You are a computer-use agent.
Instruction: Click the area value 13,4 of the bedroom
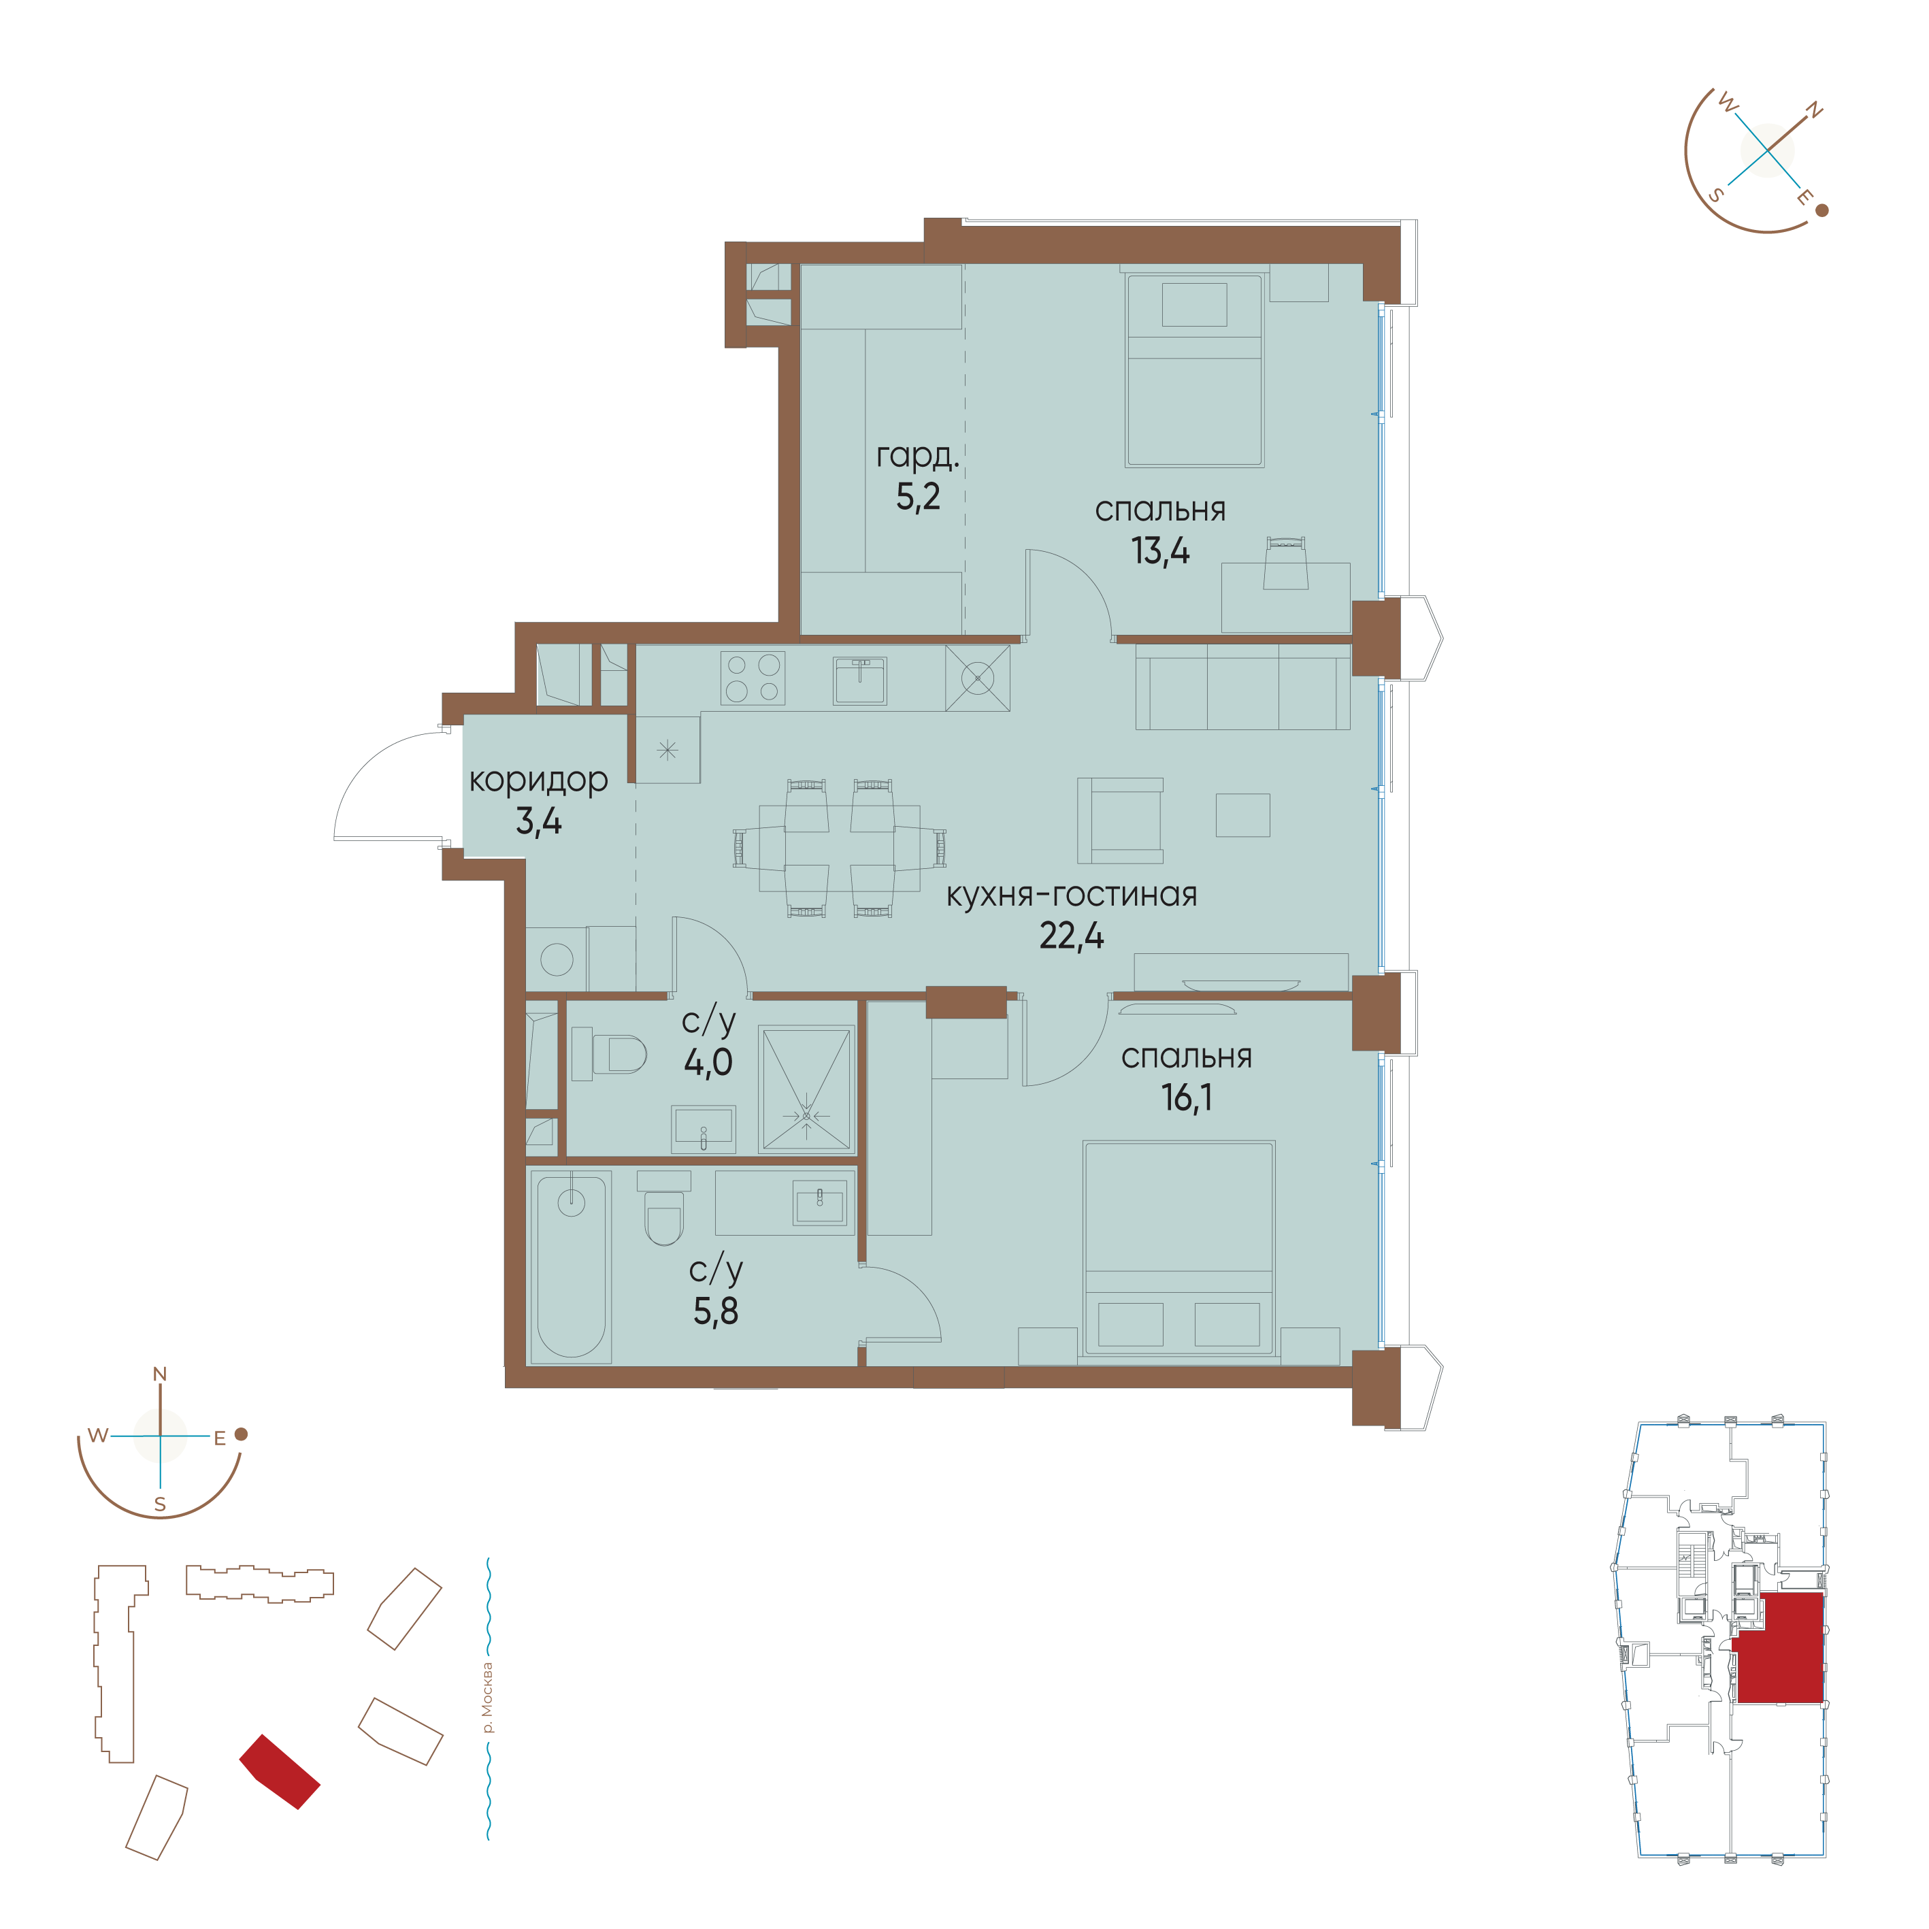click(1159, 551)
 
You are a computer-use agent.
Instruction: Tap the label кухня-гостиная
click(1072, 895)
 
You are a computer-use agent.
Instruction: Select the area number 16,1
click(1186, 1098)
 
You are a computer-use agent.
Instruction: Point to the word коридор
click(538, 780)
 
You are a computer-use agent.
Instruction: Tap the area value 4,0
click(708, 1062)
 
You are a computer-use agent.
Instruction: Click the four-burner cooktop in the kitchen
click(753, 678)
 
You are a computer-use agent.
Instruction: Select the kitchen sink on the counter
click(859, 680)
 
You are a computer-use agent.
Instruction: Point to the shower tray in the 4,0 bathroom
click(806, 1088)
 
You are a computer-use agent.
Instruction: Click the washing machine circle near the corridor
click(556, 959)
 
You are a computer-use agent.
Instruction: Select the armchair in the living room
click(1120, 821)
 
